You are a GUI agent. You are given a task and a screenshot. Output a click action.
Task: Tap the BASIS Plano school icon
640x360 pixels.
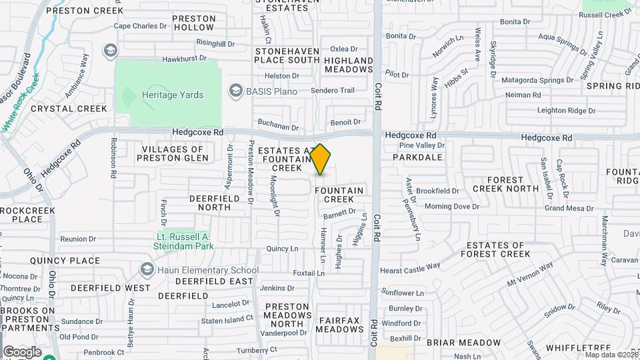click(x=235, y=90)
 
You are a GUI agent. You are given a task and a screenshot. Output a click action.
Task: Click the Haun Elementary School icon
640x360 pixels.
click(x=147, y=270)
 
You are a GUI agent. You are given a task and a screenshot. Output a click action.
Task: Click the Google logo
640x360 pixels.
click(x=22, y=351)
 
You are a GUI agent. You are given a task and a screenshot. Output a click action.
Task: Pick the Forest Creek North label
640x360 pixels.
click(x=505, y=184)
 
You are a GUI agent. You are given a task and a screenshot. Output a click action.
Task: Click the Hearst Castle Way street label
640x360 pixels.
click(x=410, y=268)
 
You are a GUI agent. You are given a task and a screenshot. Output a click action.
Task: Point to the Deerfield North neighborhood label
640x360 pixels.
click(x=210, y=203)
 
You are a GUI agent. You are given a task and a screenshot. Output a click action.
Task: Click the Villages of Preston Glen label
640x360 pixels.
click(x=173, y=153)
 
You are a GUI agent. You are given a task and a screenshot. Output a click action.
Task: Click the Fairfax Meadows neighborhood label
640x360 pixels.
click(x=339, y=325)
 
